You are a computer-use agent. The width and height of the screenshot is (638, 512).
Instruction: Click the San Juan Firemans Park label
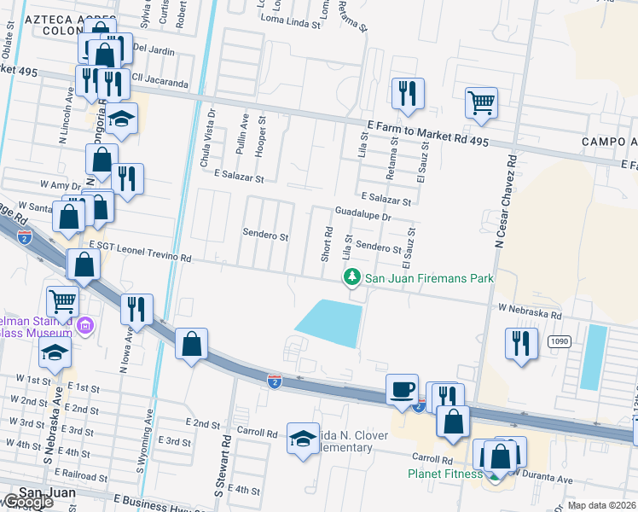click(x=429, y=278)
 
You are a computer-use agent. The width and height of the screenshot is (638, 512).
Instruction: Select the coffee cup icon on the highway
click(x=403, y=389)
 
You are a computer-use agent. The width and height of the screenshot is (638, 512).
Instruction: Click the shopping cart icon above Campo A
click(x=482, y=102)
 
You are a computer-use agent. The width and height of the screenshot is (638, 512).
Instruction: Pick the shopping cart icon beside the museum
click(x=62, y=300)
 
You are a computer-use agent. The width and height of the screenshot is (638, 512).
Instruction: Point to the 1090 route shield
click(x=560, y=316)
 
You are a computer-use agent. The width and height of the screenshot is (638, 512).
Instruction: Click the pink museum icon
click(x=85, y=325)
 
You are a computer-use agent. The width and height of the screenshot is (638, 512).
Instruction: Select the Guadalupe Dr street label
click(x=362, y=217)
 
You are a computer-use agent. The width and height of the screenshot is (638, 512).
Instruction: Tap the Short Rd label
click(x=327, y=244)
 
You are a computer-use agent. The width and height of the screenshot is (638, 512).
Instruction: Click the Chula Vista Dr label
click(x=204, y=149)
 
